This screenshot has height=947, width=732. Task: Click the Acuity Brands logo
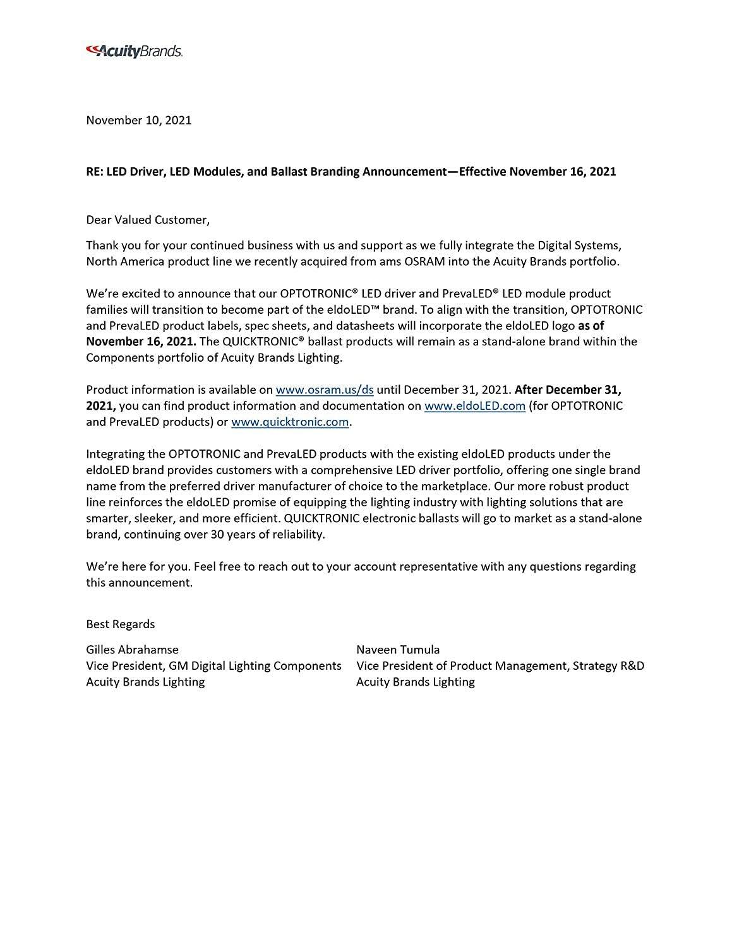pos(134,51)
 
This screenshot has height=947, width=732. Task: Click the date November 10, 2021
pos(138,120)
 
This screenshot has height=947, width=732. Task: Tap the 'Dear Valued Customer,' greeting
pos(147,220)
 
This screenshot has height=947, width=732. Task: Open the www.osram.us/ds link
pos(325,390)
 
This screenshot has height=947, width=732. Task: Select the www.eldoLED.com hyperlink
pos(474,406)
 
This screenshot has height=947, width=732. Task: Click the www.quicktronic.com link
pos(289,422)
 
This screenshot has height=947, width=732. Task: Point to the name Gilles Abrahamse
pos(132,649)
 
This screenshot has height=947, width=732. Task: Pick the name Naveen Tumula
pos(398,649)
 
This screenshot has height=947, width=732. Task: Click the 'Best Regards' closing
pos(120,624)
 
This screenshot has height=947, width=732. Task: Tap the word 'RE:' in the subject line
pos(95,171)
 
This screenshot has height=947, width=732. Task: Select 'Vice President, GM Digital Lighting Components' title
pos(213,665)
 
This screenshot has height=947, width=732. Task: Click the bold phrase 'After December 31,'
pos(572,390)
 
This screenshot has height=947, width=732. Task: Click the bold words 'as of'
pos(591,326)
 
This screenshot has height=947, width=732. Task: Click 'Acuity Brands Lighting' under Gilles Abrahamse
pos(145,682)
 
